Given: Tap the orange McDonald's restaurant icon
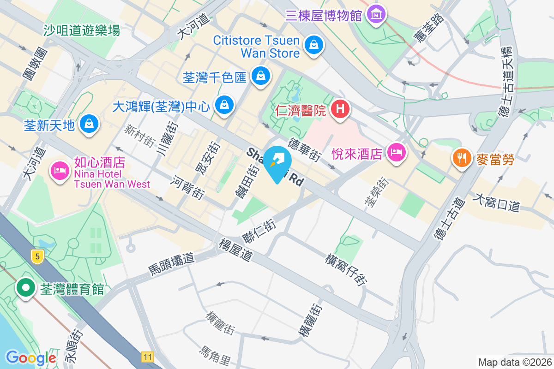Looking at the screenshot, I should coord(461,158).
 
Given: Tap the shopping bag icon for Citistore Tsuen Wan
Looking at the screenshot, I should coord(313,45).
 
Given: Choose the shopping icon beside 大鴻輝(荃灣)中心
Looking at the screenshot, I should coord(224,105).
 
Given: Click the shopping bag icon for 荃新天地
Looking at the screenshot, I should coord(88,124).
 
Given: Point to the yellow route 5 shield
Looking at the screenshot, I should coord(37,256).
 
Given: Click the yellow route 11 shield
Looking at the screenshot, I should coord(147,357).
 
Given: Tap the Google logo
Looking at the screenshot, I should coord(30,357).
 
